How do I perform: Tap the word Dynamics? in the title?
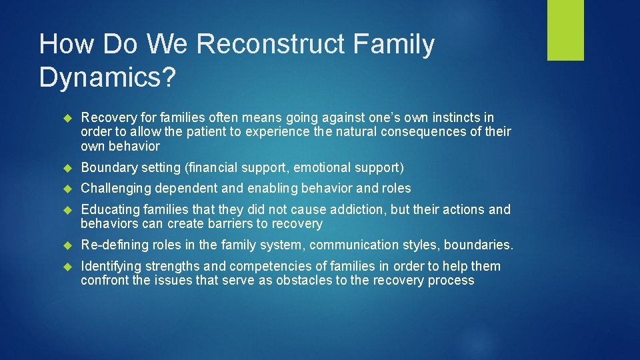tap(107, 77)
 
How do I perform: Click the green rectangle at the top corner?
tap(565, 30)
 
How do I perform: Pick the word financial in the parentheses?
tap(217, 167)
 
